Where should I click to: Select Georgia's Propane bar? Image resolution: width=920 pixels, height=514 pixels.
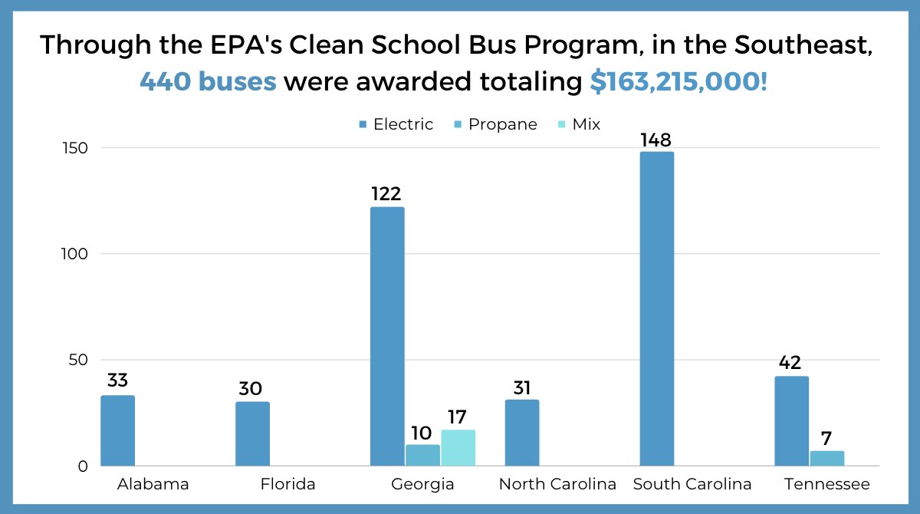click(x=422, y=456)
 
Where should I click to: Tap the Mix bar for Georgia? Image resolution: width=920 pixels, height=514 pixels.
click(x=458, y=448)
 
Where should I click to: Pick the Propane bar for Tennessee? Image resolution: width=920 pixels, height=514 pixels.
click(x=826, y=458)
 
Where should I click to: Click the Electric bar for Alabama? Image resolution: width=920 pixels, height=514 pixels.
click(x=117, y=430)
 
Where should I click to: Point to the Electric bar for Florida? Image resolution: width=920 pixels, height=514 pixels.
click(x=252, y=433)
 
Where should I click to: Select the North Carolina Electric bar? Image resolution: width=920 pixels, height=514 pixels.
click(x=522, y=433)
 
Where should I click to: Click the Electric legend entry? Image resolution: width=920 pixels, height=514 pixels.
click(x=396, y=124)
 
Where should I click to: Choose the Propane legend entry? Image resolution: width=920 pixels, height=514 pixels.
click(x=496, y=124)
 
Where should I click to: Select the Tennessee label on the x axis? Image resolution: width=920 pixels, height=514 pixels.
click(x=826, y=485)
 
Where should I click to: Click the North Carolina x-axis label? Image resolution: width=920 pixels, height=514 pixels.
click(x=557, y=485)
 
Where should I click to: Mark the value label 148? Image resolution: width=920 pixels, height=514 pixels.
click(x=656, y=140)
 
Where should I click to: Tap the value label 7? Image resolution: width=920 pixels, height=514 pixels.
click(x=826, y=439)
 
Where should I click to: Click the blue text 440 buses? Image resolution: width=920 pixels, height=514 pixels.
click(x=208, y=81)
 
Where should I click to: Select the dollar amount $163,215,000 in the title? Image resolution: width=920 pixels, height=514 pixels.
click(x=677, y=81)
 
